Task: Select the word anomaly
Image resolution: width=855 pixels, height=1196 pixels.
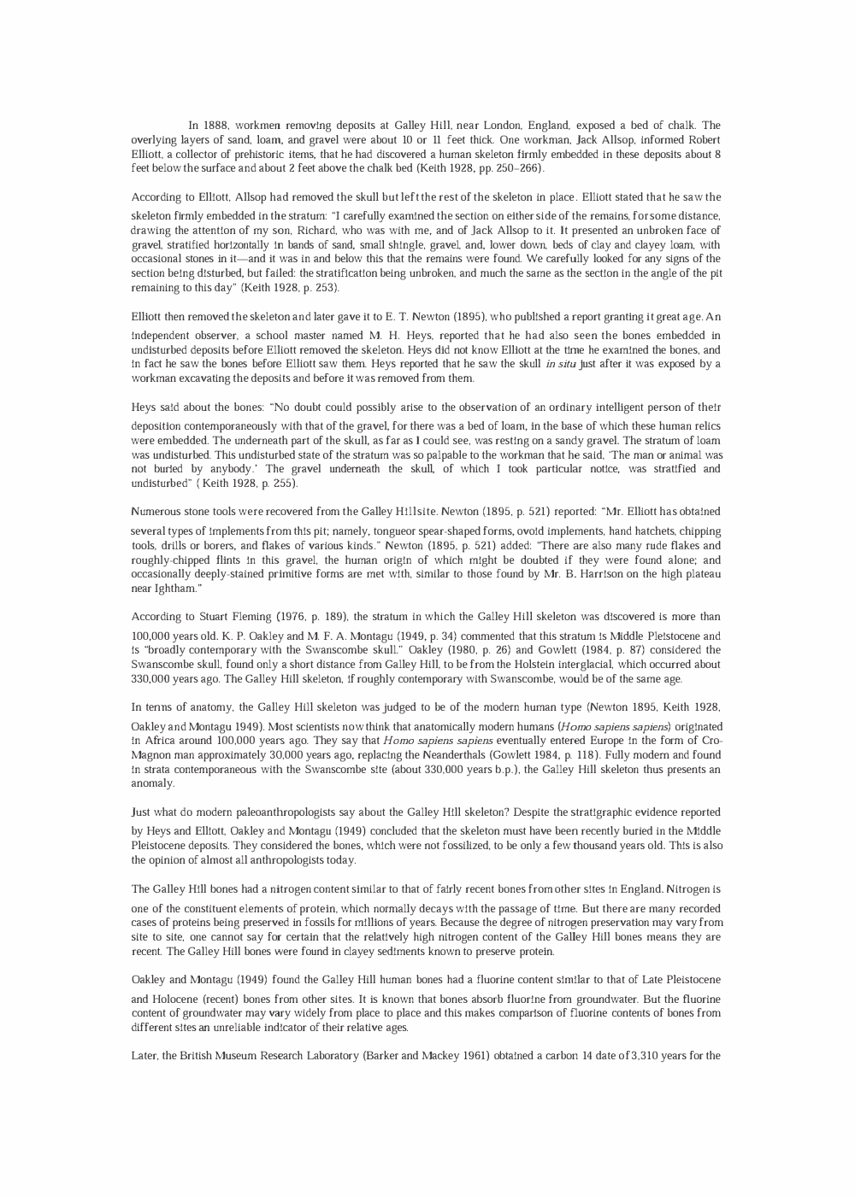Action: [152, 783]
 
